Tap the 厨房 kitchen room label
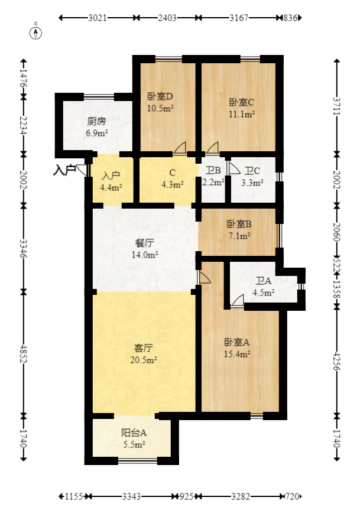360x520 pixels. click(x=96, y=122)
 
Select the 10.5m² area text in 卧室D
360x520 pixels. click(x=160, y=108)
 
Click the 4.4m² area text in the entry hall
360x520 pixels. click(x=111, y=188)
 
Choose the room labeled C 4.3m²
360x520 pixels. click(x=172, y=178)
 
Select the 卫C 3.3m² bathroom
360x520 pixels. click(x=251, y=177)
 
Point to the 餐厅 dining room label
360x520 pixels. click(x=145, y=243)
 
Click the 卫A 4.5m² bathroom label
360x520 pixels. click(x=264, y=287)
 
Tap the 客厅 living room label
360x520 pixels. click(x=144, y=347)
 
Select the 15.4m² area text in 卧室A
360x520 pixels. click(x=237, y=354)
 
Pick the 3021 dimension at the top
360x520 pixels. click(x=97, y=18)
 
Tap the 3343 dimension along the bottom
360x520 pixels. click(x=131, y=496)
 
